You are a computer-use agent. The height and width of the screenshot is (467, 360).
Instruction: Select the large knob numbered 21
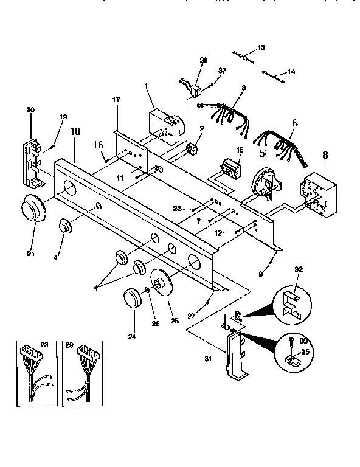coord(32,210)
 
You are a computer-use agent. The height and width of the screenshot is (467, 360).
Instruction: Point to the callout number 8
coord(325,155)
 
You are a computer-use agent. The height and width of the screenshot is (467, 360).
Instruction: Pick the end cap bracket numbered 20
coord(32,162)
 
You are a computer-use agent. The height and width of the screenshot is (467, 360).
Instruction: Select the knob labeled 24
coord(131,299)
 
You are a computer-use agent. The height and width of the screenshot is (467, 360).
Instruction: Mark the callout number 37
coord(222,71)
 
